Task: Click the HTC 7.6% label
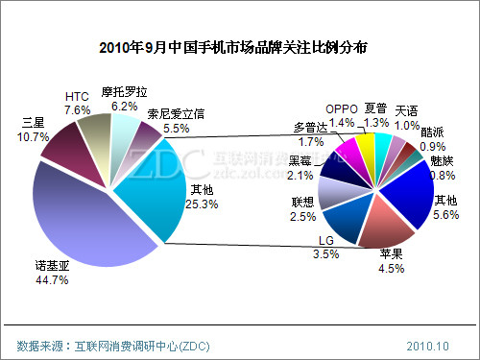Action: tap(78, 104)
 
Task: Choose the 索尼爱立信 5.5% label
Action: tap(177, 121)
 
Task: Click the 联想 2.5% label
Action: tap(302, 209)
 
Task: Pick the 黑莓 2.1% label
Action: tap(300, 168)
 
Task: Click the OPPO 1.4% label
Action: tap(341, 116)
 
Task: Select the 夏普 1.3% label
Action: tap(376, 116)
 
